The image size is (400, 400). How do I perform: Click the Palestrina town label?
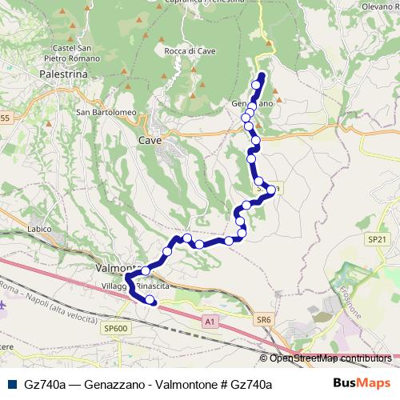pos(62,73)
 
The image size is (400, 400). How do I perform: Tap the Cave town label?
pos(150,140)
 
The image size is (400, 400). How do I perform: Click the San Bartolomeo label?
pos(106,112)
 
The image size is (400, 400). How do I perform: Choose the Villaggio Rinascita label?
pos(134,286)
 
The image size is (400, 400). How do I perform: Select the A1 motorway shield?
pos(210,322)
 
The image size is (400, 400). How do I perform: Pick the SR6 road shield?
pos(264,320)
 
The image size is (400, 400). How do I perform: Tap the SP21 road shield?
pos(377,239)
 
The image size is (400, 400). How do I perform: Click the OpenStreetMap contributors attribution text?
pos(330,358)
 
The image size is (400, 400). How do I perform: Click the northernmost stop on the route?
pos(257,84)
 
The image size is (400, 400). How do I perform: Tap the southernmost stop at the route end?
pos(150,299)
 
